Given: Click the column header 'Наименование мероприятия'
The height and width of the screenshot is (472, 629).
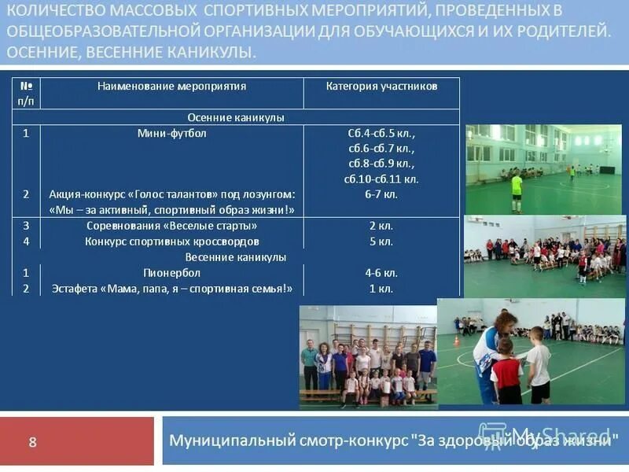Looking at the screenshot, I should point(171,86).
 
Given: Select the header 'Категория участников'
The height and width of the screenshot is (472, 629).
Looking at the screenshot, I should point(381,86).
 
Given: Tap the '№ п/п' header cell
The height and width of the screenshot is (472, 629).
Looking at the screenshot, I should point(26,93).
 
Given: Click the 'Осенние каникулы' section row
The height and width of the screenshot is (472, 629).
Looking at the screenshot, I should point(236,117).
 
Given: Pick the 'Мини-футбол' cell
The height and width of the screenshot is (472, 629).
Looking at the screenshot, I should point(171,133).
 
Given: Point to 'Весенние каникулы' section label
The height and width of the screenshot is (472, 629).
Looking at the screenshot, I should point(236,257).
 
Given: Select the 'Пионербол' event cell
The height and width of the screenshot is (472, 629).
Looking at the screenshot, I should point(171,273).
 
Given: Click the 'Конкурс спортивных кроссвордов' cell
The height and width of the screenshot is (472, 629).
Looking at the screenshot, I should point(171,242).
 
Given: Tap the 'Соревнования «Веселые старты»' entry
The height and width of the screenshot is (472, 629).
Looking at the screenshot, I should point(171,226).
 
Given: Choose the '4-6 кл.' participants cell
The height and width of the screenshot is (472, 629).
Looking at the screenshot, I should point(381,273).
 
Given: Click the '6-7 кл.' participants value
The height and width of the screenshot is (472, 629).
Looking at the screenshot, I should point(381,194).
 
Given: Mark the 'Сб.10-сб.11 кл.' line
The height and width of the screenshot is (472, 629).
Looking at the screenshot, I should point(381,179).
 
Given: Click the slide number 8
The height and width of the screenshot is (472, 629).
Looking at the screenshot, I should point(32,442).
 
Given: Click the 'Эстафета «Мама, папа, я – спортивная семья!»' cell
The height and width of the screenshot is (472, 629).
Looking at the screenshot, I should point(171,289).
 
